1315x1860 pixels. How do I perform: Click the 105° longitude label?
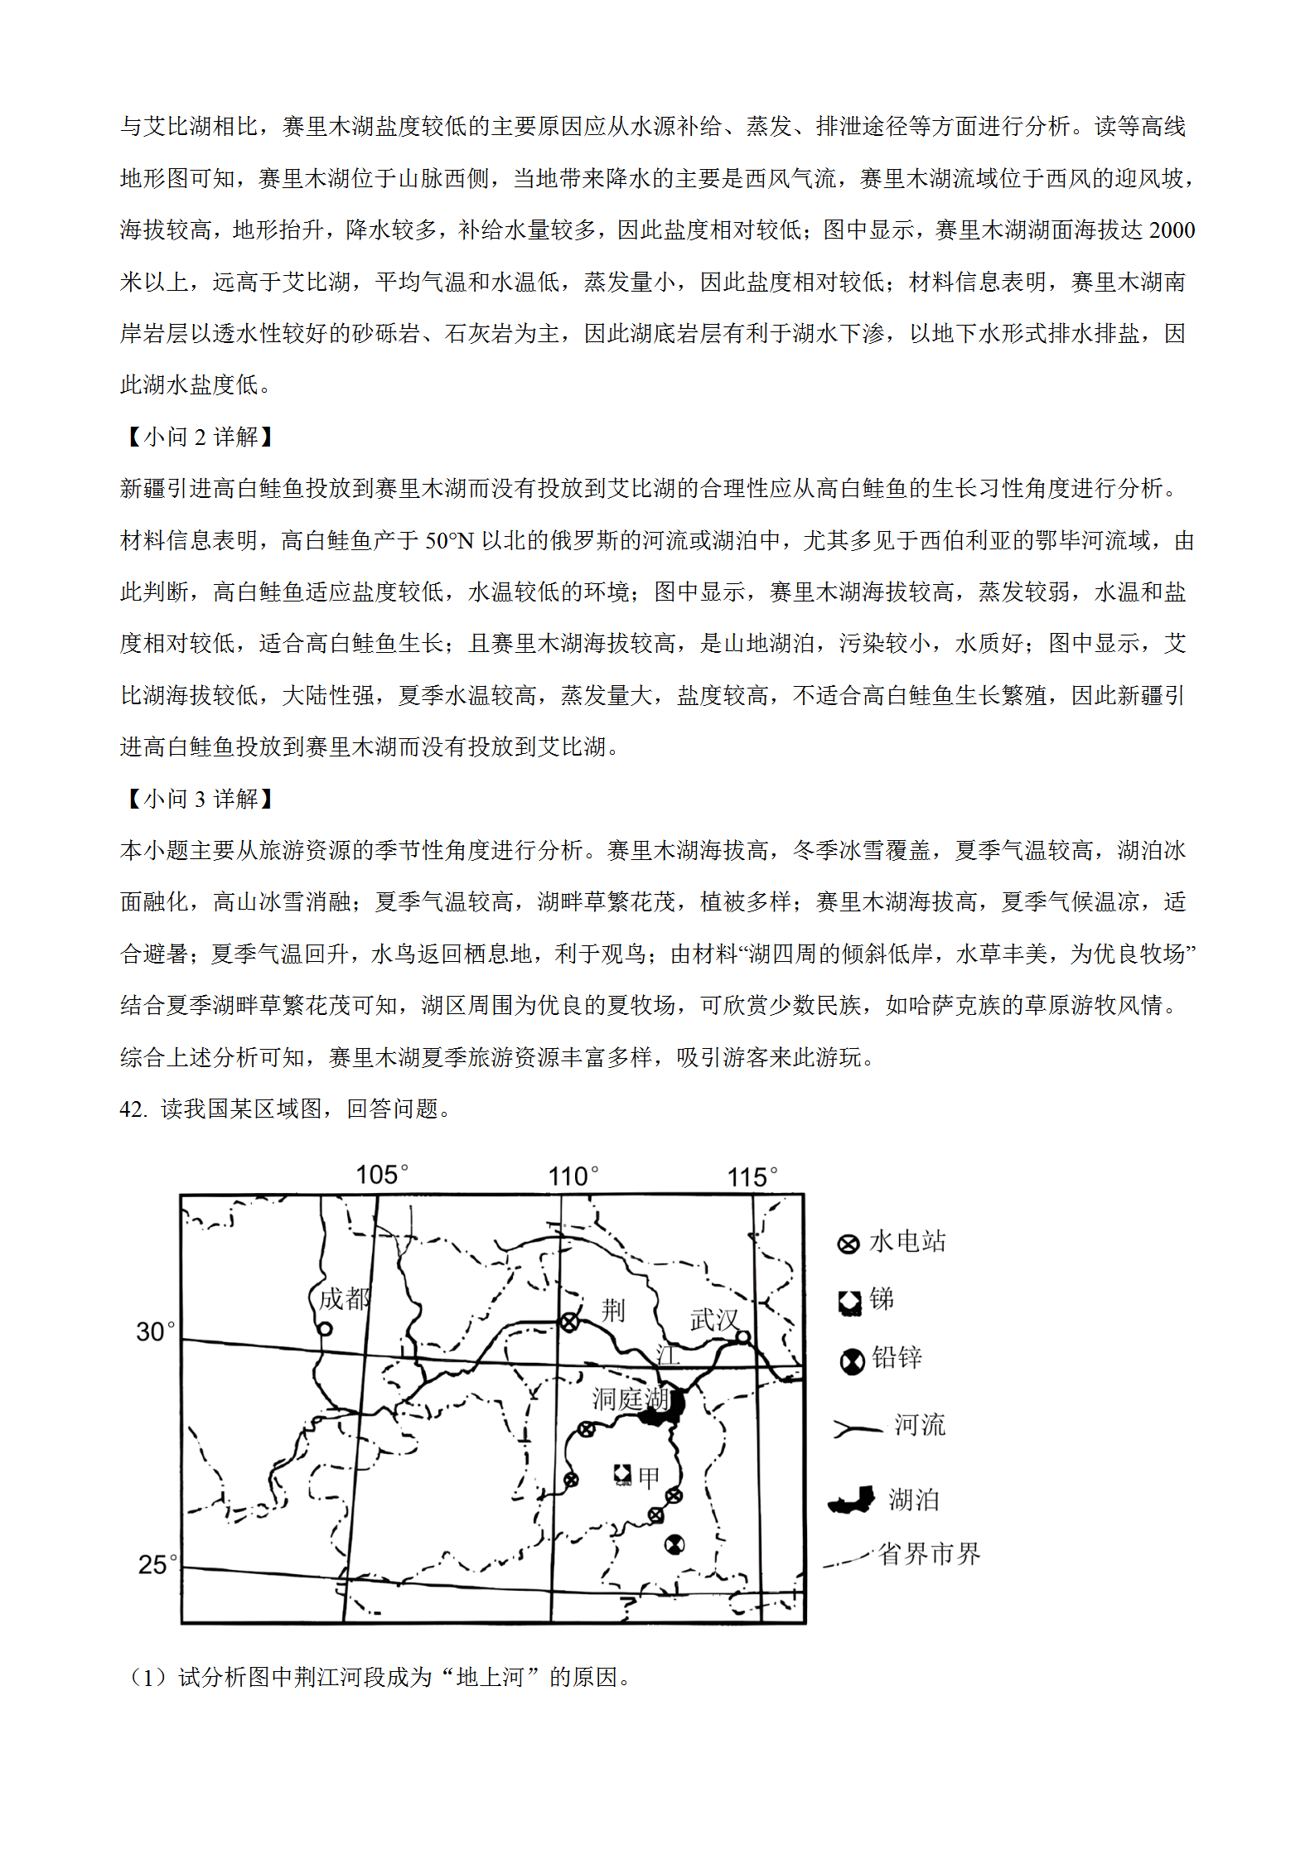tap(381, 1174)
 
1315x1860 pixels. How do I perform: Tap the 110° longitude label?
tap(573, 1176)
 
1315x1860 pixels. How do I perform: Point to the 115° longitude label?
tap(752, 1176)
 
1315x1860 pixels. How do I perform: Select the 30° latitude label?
tap(156, 1331)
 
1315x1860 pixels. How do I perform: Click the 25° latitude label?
tap(157, 1564)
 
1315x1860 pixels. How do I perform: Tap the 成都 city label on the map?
tap(344, 1298)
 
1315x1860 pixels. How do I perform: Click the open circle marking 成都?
tap(326, 1329)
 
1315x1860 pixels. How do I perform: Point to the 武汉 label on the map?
tap(714, 1319)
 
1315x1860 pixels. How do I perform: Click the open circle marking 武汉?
tap(743, 1336)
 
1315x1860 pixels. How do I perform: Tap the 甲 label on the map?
tap(649, 1476)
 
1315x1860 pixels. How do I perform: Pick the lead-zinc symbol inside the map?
tap(674, 1544)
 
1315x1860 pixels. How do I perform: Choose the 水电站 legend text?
tap(907, 1241)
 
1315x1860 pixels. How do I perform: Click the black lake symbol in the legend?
tap(852, 1500)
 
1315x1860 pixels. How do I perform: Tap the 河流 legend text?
tap(919, 1425)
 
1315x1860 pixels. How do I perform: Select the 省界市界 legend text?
tap(929, 1553)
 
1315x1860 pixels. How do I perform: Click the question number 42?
tap(133, 1109)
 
